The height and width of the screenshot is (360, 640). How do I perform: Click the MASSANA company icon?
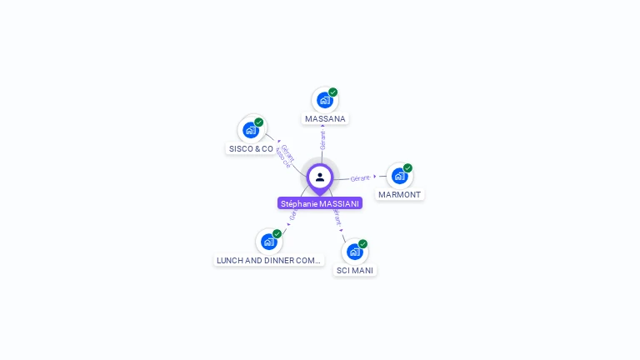pyautogui.click(x=324, y=101)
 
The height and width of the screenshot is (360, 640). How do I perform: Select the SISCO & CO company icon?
pyautogui.click(x=250, y=130)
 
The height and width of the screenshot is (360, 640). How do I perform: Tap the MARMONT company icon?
pyautogui.click(x=399, y=176)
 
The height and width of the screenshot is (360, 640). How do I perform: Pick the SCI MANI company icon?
pyautogui.click(x=354, y=252)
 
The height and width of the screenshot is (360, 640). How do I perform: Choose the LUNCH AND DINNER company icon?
pyautogui.click(x=268, y=242)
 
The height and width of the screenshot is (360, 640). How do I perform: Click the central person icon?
pyautogui.click(x=320, y=177)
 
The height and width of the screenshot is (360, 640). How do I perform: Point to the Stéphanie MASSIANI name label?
pyautogui.click(x=320, y=203)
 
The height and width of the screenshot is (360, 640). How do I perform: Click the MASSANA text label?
pyautogui.click(x=325, y=119)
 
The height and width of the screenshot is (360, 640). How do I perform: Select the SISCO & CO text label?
pyautogui.click(x=251, y=149)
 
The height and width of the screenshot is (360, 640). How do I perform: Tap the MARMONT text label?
pyautogui.click(x=400, y=195)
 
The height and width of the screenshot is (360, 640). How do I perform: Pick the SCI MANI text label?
pyautogui.click(x=355, y=271)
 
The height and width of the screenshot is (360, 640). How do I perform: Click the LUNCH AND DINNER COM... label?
pyautogui.click(x=268, y=261)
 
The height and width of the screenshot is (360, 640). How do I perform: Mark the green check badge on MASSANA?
pyautogui.click(x=332, y=92)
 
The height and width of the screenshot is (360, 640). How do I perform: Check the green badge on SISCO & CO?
pyautogui.click(x=258, y=122)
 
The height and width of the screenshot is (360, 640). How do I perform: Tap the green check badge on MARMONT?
pyautogui.click(x=407, y=167)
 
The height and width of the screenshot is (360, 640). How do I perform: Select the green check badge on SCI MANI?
pyautogui.click(x=362, y=244)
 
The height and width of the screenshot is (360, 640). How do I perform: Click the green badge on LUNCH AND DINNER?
pyautogui.click(x=277, y=234)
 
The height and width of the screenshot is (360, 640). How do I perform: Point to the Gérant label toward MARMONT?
pyautogui.click(x=360, y=178)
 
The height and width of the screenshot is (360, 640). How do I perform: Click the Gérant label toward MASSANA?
pyautogui.click(x=322, y=140)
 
